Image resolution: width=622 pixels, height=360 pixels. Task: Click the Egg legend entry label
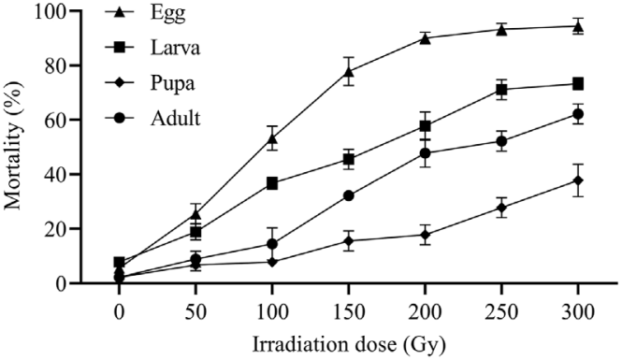167,13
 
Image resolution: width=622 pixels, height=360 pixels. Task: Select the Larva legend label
175,48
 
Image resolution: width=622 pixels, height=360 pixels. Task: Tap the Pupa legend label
172,84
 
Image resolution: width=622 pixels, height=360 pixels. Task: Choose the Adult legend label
175,118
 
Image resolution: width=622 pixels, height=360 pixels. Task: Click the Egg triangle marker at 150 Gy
349,71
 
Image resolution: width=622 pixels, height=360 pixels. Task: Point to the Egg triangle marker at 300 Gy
578,26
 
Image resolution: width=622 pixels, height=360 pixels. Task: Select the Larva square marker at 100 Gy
272,183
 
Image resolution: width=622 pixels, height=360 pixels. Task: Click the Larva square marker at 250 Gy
501,90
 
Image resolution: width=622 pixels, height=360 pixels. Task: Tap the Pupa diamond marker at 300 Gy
578,180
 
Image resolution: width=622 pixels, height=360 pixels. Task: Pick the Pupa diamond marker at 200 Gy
426,235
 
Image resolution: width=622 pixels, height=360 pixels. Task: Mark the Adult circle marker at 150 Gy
349,195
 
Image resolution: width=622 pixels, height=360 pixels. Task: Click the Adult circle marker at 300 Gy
578,114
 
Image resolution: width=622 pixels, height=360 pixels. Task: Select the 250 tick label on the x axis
501,312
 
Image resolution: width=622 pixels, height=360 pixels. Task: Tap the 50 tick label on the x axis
195,312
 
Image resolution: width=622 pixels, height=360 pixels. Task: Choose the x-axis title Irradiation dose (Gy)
349,344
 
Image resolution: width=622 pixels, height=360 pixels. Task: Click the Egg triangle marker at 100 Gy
272,138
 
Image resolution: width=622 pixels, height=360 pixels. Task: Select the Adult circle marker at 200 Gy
426,153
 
